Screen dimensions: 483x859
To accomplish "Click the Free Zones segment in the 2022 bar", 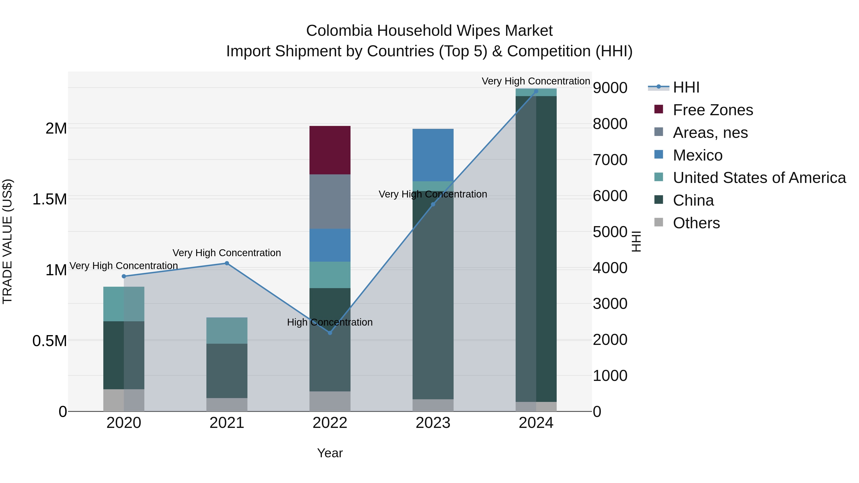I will click(330, 150).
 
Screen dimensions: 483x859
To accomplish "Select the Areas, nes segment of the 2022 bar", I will click(330, 201).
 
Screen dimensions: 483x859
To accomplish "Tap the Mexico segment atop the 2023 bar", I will click(433, 155).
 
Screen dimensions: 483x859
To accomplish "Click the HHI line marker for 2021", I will click(227, 263).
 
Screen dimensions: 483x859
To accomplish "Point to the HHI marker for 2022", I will click(330, 333).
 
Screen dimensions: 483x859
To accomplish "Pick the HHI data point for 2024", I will click(536, 91).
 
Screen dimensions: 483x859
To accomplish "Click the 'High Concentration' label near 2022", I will click(330, 322).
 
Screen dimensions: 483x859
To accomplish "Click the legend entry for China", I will click(693, 200).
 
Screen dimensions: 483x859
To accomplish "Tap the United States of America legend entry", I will click(759, 178).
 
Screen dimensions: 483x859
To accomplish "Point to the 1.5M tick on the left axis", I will click(49, 199).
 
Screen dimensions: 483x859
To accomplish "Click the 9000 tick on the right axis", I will click(610, 88).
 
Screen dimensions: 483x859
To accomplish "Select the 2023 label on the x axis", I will click(433, 423).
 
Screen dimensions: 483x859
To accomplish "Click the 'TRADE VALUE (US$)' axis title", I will click(7, 241).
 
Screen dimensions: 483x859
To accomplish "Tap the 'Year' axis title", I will click(330, 453).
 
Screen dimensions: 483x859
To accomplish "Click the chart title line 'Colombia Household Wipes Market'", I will click(429, 31).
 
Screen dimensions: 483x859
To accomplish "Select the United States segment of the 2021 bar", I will click(227, 330).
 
